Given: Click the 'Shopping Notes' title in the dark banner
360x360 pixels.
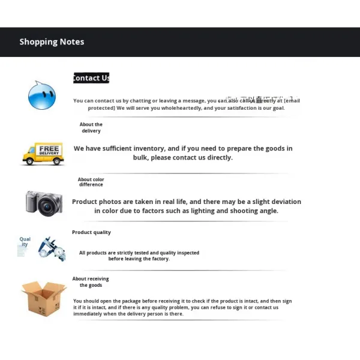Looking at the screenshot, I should [52, 42].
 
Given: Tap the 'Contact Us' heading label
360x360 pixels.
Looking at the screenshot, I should [91, 78].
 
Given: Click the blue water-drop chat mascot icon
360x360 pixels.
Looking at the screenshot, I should [42, 95].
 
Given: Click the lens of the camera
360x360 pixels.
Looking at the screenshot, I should [46, 208].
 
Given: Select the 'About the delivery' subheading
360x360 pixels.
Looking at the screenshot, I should [91, 128].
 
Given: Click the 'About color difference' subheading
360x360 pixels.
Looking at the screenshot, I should [91, 182].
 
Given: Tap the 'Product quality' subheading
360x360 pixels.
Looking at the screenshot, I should [91, 232].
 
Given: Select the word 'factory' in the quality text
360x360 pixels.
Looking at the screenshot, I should [160, 259].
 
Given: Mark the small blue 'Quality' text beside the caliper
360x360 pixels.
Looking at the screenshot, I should [25, 241].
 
